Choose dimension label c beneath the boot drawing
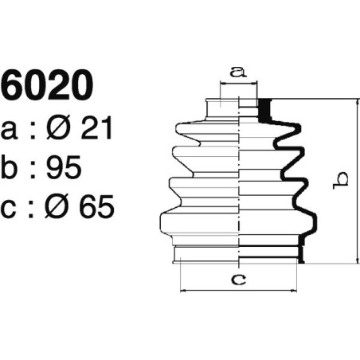(x=237, y=278)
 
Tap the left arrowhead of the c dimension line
(x=184, y=290)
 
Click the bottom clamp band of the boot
(x=237, y=254)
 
